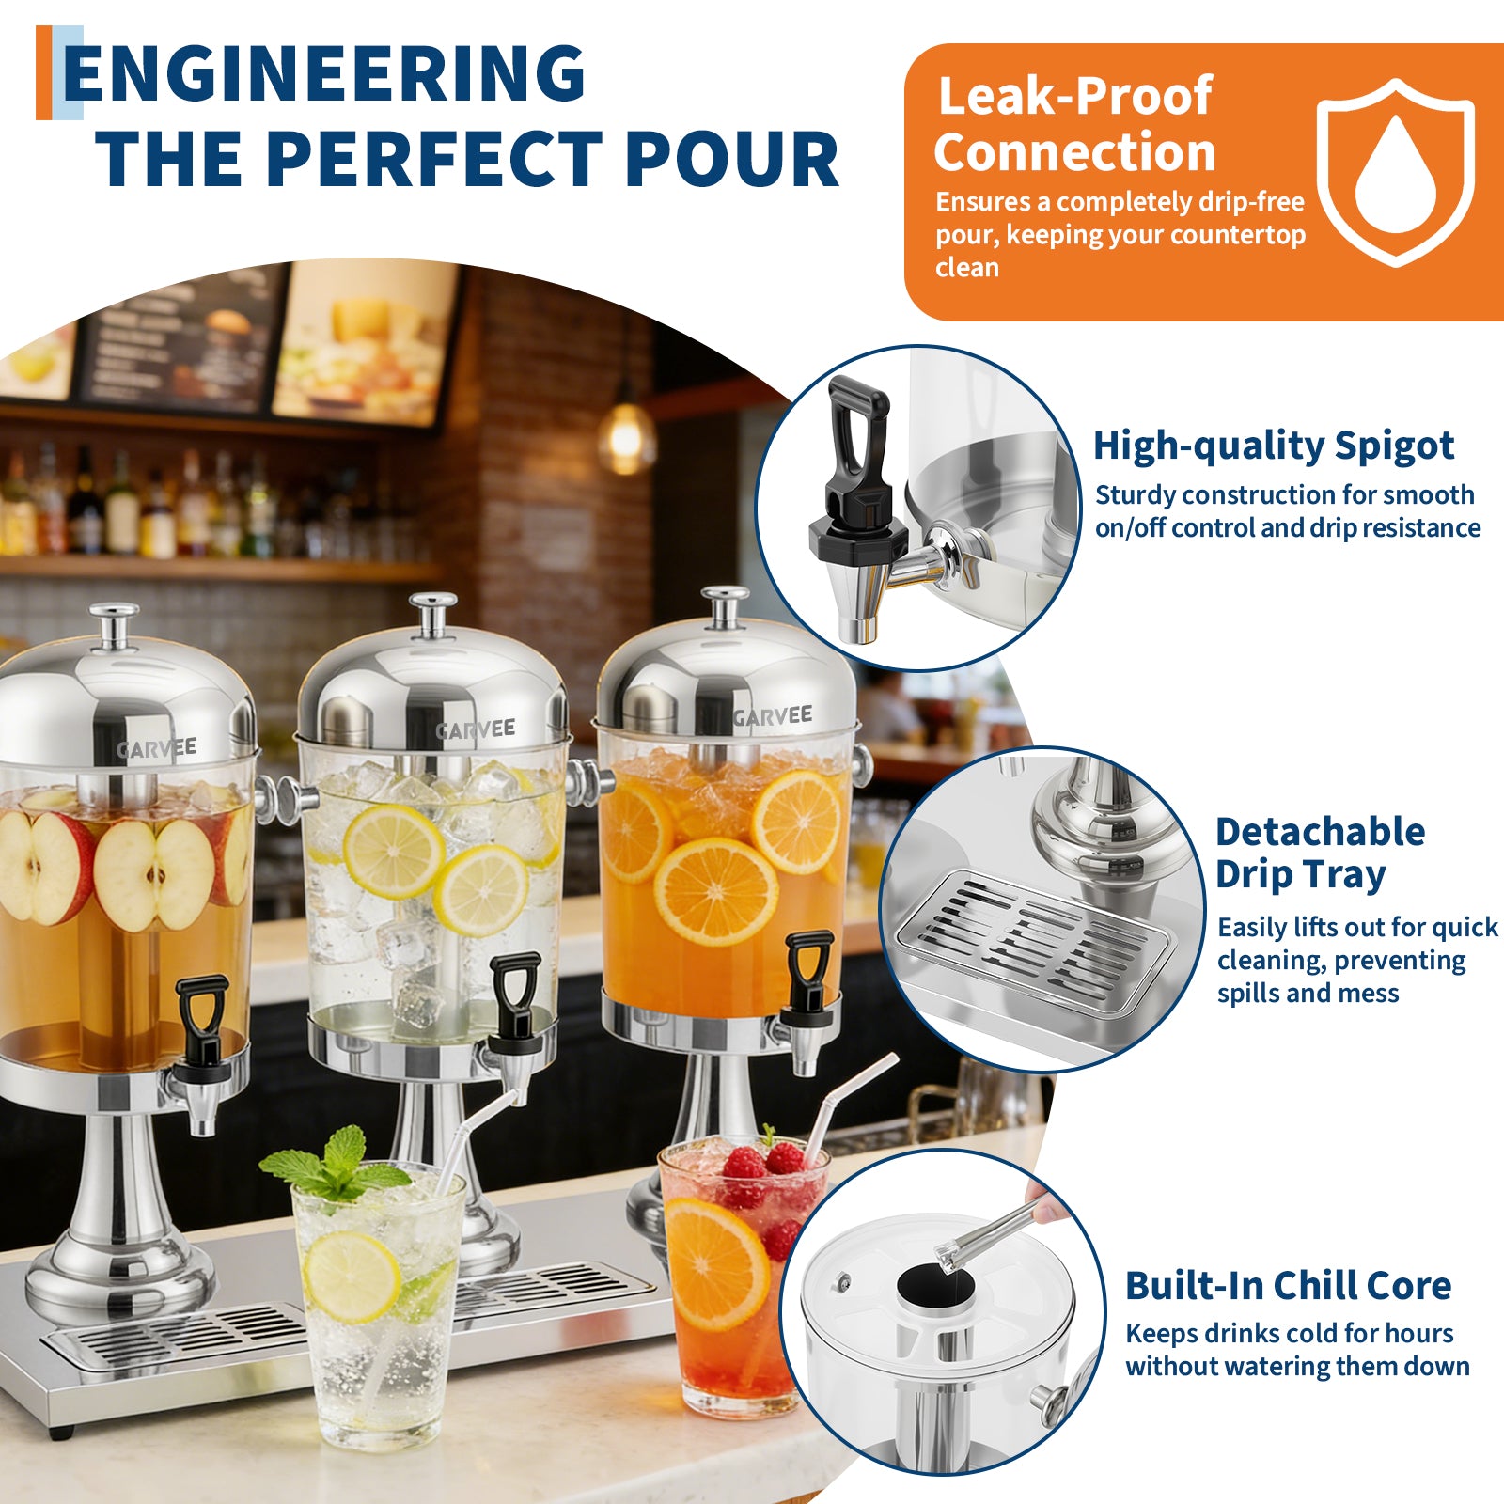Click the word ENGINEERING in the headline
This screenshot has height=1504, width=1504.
coord(324,73)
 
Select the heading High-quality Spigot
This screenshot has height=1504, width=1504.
coord(1274,446)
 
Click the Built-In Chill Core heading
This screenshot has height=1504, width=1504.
coord(1288,1285)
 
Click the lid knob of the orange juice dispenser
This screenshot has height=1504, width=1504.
coord(725,606)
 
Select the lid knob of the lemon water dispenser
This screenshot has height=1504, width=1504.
coord(433,613)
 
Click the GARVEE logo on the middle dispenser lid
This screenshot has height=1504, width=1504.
coord(476,729)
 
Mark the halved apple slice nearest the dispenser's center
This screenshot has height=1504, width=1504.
coord(153,875)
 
